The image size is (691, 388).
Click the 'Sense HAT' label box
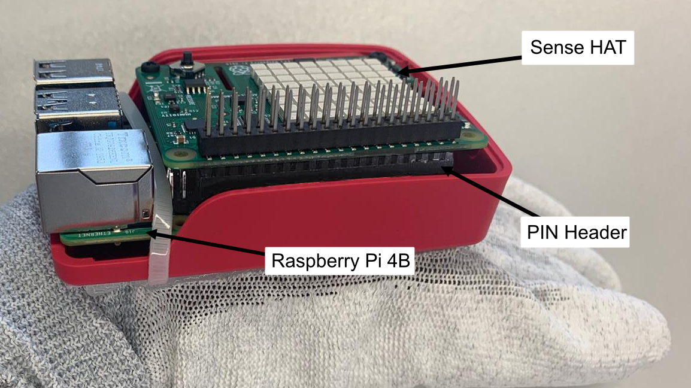[x=577, y=48]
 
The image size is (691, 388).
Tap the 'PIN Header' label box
[x=576, y=232]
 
